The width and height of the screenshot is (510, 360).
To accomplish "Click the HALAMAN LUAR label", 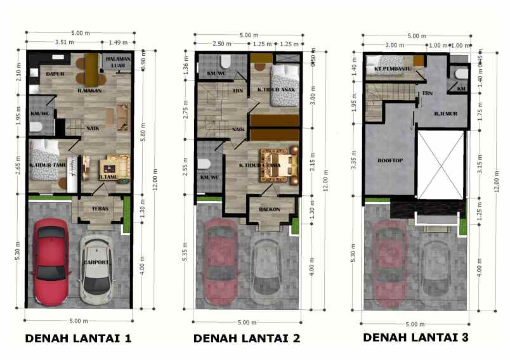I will pyautogui.click(x=121, y=61).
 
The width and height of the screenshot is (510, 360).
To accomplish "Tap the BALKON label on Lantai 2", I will pyautogui.click(x=269, y=209).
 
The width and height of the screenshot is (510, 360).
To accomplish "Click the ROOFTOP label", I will pyautogui.click(x=388, y=160).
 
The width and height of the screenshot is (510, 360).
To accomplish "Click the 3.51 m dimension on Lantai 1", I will pyautogui.click(x=64, y=42).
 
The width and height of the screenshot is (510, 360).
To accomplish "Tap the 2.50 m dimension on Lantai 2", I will pyautogui.click(x=221, y=44).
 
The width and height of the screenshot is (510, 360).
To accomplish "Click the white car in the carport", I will pyautogui.click(x=98, y=269).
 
